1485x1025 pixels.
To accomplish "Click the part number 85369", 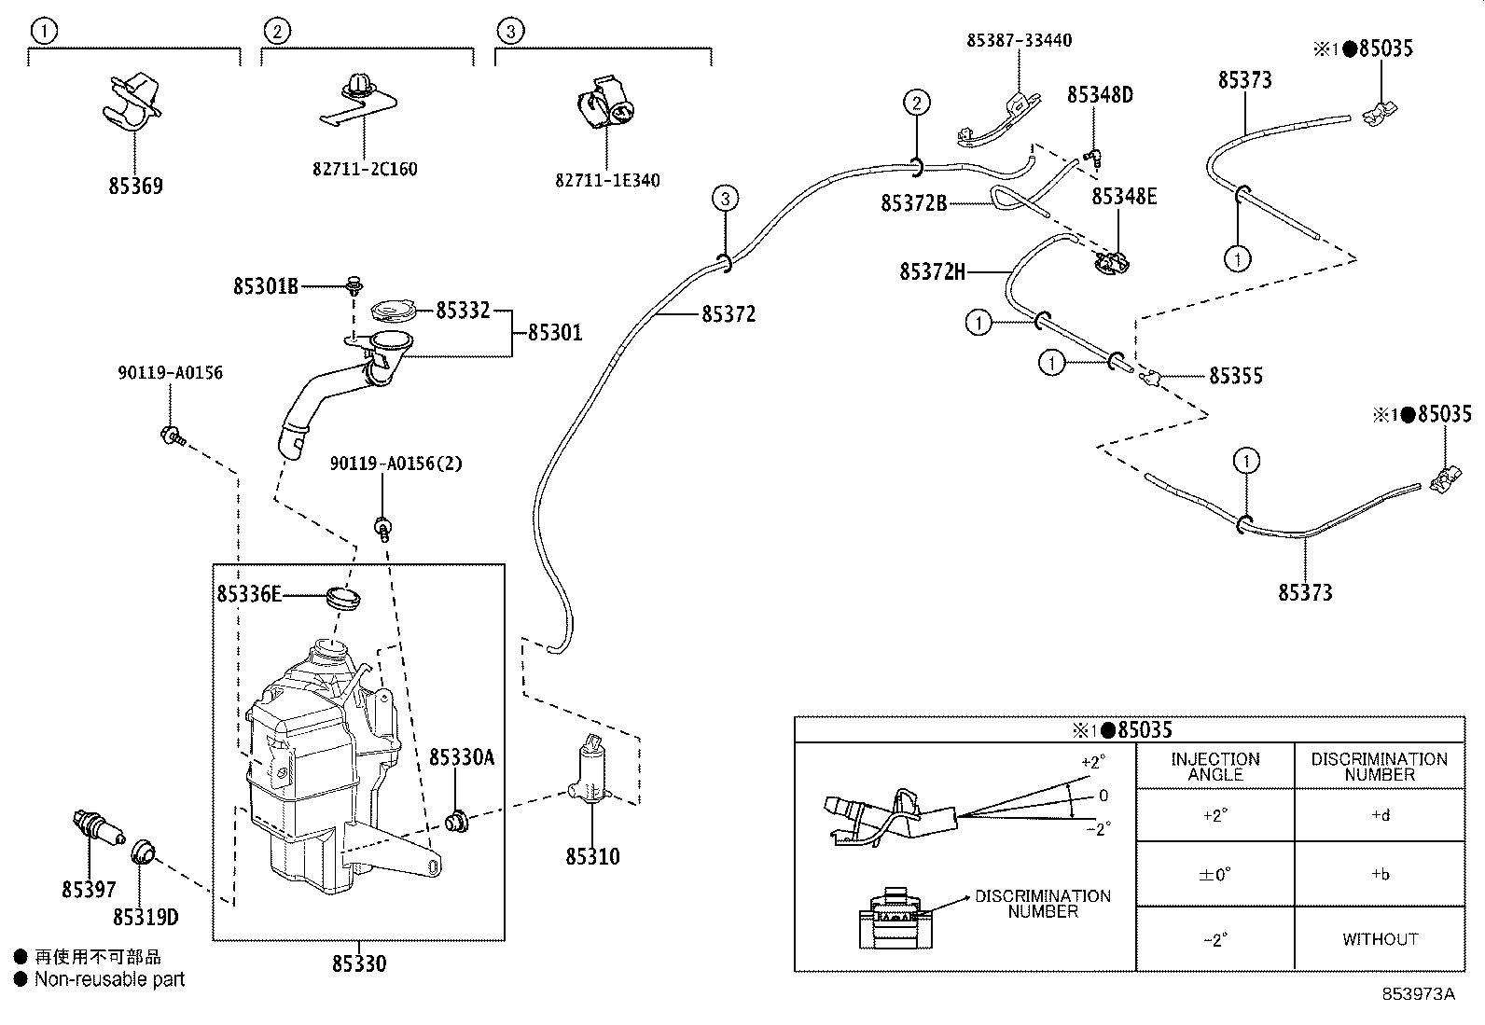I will click(x=135, y=186).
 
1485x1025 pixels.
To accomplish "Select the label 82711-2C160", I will click(x=365, y=169).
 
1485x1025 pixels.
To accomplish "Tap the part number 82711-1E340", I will click(x=607, y=180).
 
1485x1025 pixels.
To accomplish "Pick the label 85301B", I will click(x=266, y=286).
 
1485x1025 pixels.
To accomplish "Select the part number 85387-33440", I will click(x=1019, y=40).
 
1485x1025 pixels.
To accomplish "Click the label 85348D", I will click(x=1100, y=95).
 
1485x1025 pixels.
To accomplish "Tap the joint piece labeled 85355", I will click(x=1151, y=377).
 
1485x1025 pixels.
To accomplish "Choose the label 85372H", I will click(x=932, y=271).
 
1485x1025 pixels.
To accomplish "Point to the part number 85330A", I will click(x=462, y=756).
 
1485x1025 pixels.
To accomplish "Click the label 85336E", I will click(x=249, y=593).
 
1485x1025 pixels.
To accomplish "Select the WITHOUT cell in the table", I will click(x=1380, y=939).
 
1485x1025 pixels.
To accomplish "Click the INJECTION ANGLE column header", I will click(x=1215, y=767).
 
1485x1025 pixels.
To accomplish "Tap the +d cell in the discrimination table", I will click(x=1380, y=815).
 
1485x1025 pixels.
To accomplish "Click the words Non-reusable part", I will click(x=109, y=979).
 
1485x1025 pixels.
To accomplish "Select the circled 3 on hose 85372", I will click(x=726, y=198).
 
